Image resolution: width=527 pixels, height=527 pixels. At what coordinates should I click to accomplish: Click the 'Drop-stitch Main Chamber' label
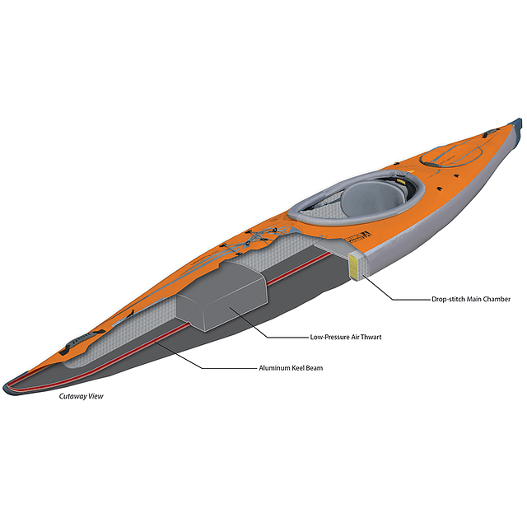point(471,299)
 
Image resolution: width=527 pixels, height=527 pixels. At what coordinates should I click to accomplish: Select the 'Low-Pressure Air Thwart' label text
point(346,337)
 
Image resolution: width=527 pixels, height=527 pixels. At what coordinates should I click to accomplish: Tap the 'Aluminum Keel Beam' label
point(291,368)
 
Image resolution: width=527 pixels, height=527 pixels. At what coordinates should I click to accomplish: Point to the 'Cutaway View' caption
point(81,396)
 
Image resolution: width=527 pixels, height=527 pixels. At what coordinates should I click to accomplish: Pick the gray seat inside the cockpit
point(372,198)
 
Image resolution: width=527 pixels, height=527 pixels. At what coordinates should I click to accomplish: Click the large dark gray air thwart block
point(222,296)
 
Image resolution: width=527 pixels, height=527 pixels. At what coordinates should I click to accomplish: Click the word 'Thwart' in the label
point(371,337)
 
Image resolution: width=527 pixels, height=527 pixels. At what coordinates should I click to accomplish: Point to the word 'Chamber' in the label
point(497,299)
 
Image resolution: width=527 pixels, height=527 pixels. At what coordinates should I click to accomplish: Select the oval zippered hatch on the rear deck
point(450,156)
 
